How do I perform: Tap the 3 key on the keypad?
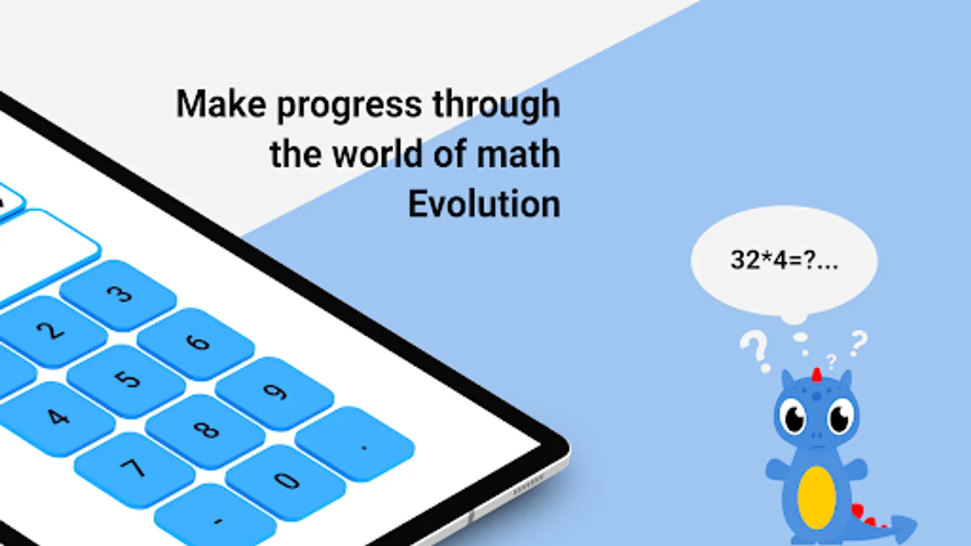click(x=118, y=295)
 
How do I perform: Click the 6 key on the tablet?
click(x=196, y=344)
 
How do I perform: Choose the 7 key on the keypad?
click(x=134, y=470)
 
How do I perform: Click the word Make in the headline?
click(x=221, y=104)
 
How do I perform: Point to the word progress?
click(x=350, y=107)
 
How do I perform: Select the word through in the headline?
click(x=497, y=106)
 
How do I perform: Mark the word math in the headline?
click(x=518, y=154)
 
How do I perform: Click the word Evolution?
click(x=484, y=204)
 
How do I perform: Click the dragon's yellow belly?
click(x=816, y=497)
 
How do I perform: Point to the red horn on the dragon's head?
click(x=817, y=376)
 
